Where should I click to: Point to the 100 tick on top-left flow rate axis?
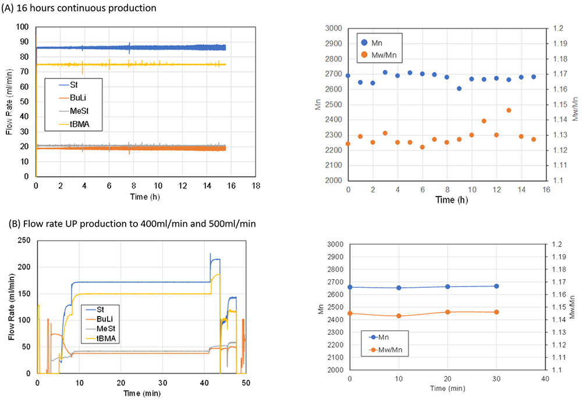pos(23,27)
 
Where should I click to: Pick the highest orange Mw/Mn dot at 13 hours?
pos(509,110)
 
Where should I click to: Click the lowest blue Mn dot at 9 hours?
pos(459,88)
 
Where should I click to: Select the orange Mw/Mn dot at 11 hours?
pos(484,121)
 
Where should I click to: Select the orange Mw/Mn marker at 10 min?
pos(399,316)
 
